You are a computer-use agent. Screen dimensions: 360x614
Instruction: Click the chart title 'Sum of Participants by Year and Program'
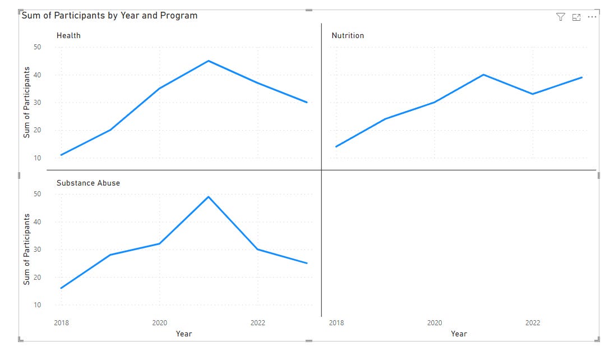tap(109, 16)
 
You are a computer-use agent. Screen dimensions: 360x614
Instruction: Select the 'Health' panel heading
tap(68, 35)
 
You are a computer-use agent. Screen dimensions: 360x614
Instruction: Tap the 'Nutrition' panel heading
tap(348, 35)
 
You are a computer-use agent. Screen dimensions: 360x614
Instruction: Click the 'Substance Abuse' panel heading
tap(88, 183)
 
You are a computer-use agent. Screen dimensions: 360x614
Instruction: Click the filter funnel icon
tap(560, 17)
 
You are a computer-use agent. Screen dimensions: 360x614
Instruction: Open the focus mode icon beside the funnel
tap(576, 17)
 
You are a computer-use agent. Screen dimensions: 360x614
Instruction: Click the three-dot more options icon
tap(592, 17)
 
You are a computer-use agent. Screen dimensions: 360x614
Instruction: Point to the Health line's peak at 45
tap(209, 61)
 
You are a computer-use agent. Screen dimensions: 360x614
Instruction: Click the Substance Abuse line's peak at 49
tap(209, 197)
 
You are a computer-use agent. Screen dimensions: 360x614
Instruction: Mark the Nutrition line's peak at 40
tap(483, 75)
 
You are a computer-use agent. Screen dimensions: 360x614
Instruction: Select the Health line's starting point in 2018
tap(61, 155)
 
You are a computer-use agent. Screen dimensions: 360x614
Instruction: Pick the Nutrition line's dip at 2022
tap(533, 94)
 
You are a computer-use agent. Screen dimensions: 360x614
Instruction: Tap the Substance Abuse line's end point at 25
tap(307, 263)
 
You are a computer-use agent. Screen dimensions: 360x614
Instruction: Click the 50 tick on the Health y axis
tap(37, 47)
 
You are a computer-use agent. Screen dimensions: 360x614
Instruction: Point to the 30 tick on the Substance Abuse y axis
tap(37, 250)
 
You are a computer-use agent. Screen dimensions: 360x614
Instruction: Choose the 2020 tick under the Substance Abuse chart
tap(159, 322)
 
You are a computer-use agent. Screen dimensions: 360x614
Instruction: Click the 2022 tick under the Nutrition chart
tap(533, 322)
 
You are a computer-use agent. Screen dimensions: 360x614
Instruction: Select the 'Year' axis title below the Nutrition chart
tap(459, 334)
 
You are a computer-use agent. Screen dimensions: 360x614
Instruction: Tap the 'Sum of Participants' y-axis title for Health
tap(26, 103)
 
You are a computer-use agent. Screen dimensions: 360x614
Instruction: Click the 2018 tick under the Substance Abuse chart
tap(61, 322)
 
